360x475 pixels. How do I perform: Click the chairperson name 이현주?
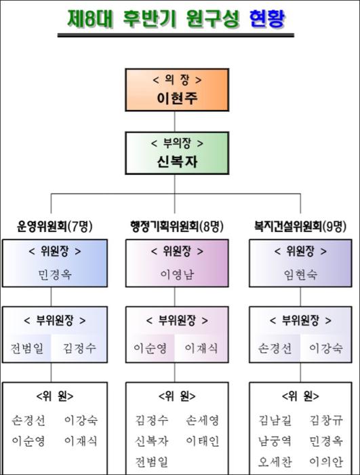click(x=177, y=98)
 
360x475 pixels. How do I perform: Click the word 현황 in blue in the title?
click(x=267, y=19)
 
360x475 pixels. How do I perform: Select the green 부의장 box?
click(x=177, y=153)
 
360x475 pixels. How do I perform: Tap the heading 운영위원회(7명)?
click(x=54, y=226)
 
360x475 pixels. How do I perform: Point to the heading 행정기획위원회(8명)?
click(x=177, y=226)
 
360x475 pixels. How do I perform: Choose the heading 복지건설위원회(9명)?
click(x=300, y=226)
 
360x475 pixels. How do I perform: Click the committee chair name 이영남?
click(x=177, y=274)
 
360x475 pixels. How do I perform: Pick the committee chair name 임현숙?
click(x=300, y=274)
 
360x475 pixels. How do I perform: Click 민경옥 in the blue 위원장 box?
click(x=55, y=274)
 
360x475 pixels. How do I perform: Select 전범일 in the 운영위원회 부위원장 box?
click(x=27, y=348)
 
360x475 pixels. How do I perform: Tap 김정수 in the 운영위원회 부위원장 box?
click(x=79, y=348)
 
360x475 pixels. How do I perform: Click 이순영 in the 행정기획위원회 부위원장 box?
click(x=151, y=348)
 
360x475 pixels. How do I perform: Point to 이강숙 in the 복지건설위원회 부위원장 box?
click(x=326, y=348)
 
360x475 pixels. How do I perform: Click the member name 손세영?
click(x=202, y=420)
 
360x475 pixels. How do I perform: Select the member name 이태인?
click(x=202, y=441)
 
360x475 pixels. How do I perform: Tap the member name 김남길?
click(x=275, y=420)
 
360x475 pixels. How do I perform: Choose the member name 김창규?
click(x=326, y=420)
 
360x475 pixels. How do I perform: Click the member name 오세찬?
click(x=275, y=462)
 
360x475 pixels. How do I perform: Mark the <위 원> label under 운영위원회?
click(x=55, y=396)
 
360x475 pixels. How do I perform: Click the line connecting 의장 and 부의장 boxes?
click(x=175, y=121)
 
